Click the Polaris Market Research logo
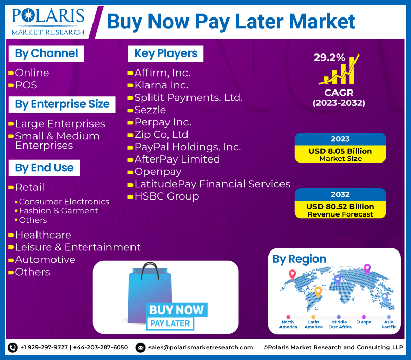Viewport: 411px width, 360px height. click(48, 22)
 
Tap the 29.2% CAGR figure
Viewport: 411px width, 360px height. click(329, 58)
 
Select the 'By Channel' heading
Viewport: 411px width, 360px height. click(46, 53)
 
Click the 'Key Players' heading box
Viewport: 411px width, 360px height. click(165, 53)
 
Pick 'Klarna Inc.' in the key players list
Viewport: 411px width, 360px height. click(161, 85)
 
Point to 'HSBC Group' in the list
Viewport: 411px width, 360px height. click(166, 196)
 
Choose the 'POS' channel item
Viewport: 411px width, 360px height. click(26, 85)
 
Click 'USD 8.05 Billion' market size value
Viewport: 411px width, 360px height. click(340, 151)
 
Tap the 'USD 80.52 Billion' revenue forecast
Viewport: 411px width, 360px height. click(340, 207)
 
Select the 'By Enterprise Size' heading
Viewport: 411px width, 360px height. click(62, 104)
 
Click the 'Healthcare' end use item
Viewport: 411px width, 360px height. click(43, 235)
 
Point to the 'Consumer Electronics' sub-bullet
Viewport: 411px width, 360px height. click(64, 202)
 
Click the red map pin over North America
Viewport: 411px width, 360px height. click(292, 275)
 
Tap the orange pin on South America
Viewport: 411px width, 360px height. click(318, 292)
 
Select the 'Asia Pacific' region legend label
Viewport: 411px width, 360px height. click(389, 325)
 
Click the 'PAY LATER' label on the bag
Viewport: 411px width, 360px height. click(170, 323)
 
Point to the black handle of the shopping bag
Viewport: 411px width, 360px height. click(150, 271)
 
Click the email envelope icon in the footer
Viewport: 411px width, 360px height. click(140, 348)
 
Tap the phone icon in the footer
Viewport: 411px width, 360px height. click(12, 348)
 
